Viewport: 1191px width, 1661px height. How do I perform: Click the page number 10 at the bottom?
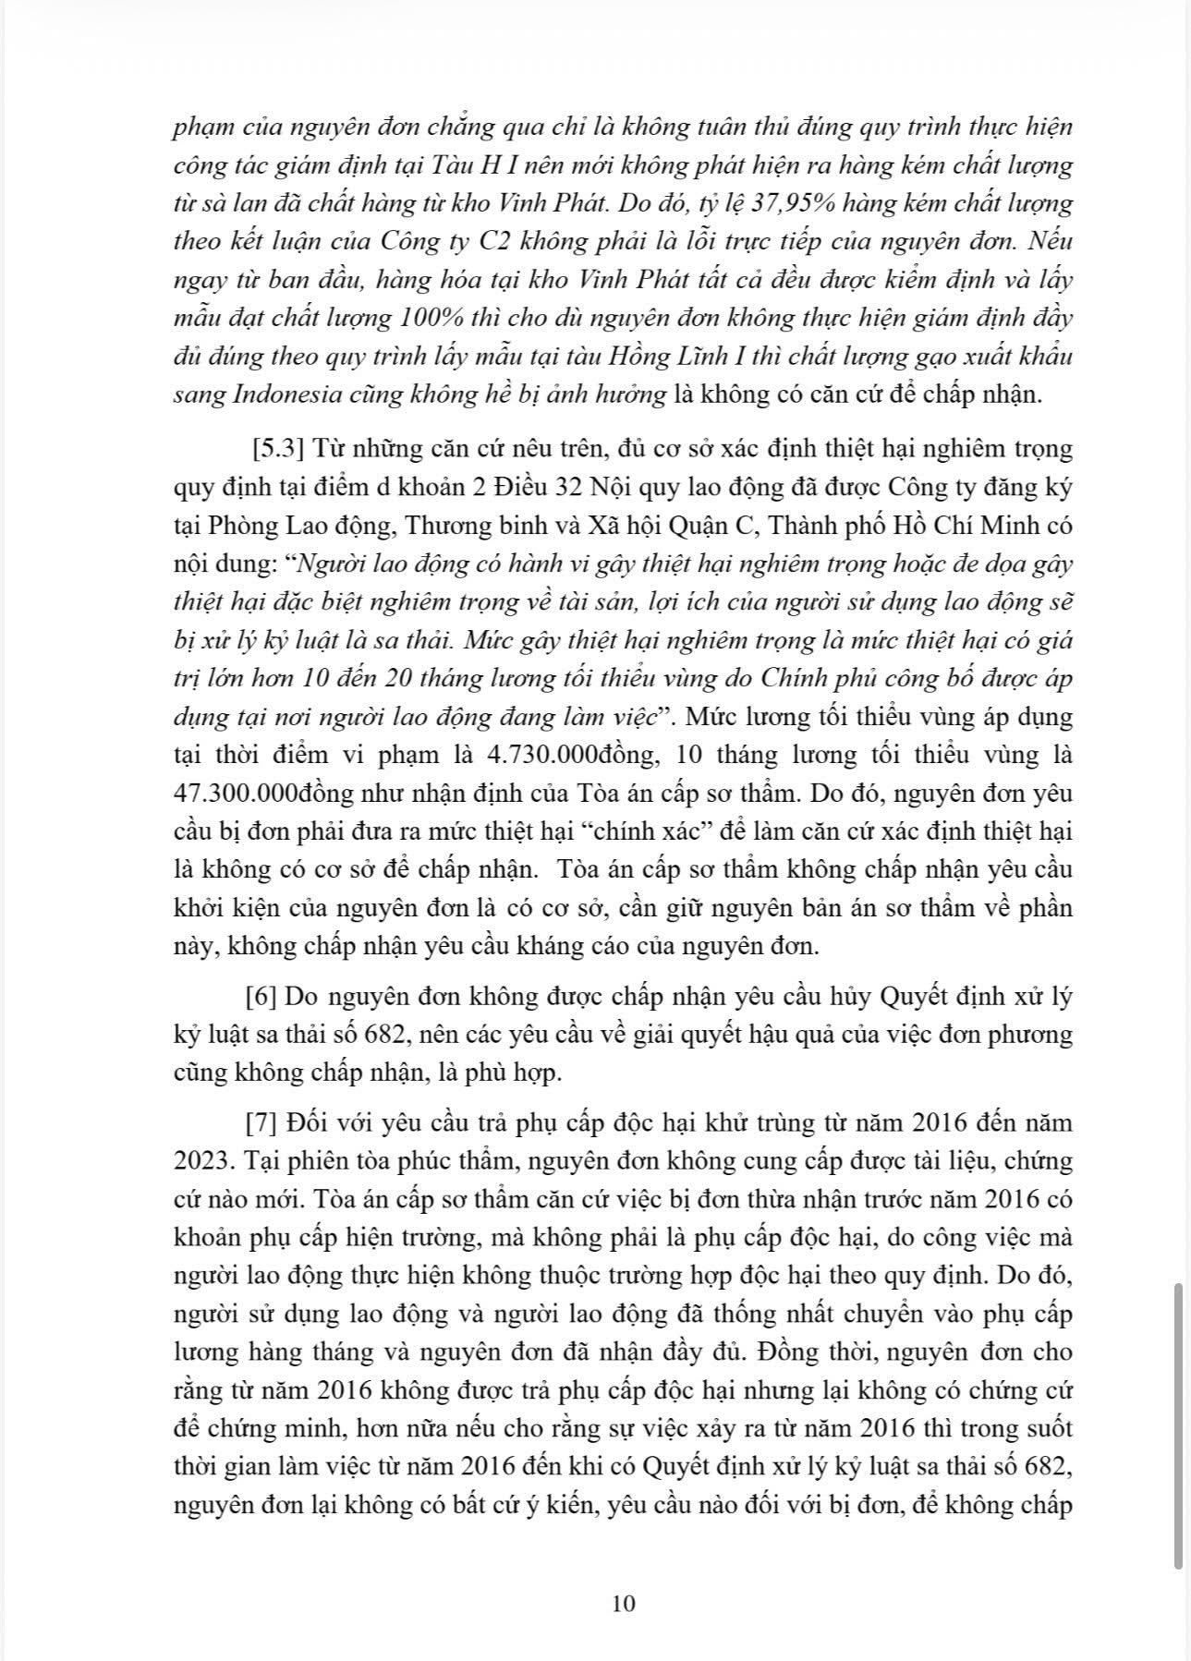624,1603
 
